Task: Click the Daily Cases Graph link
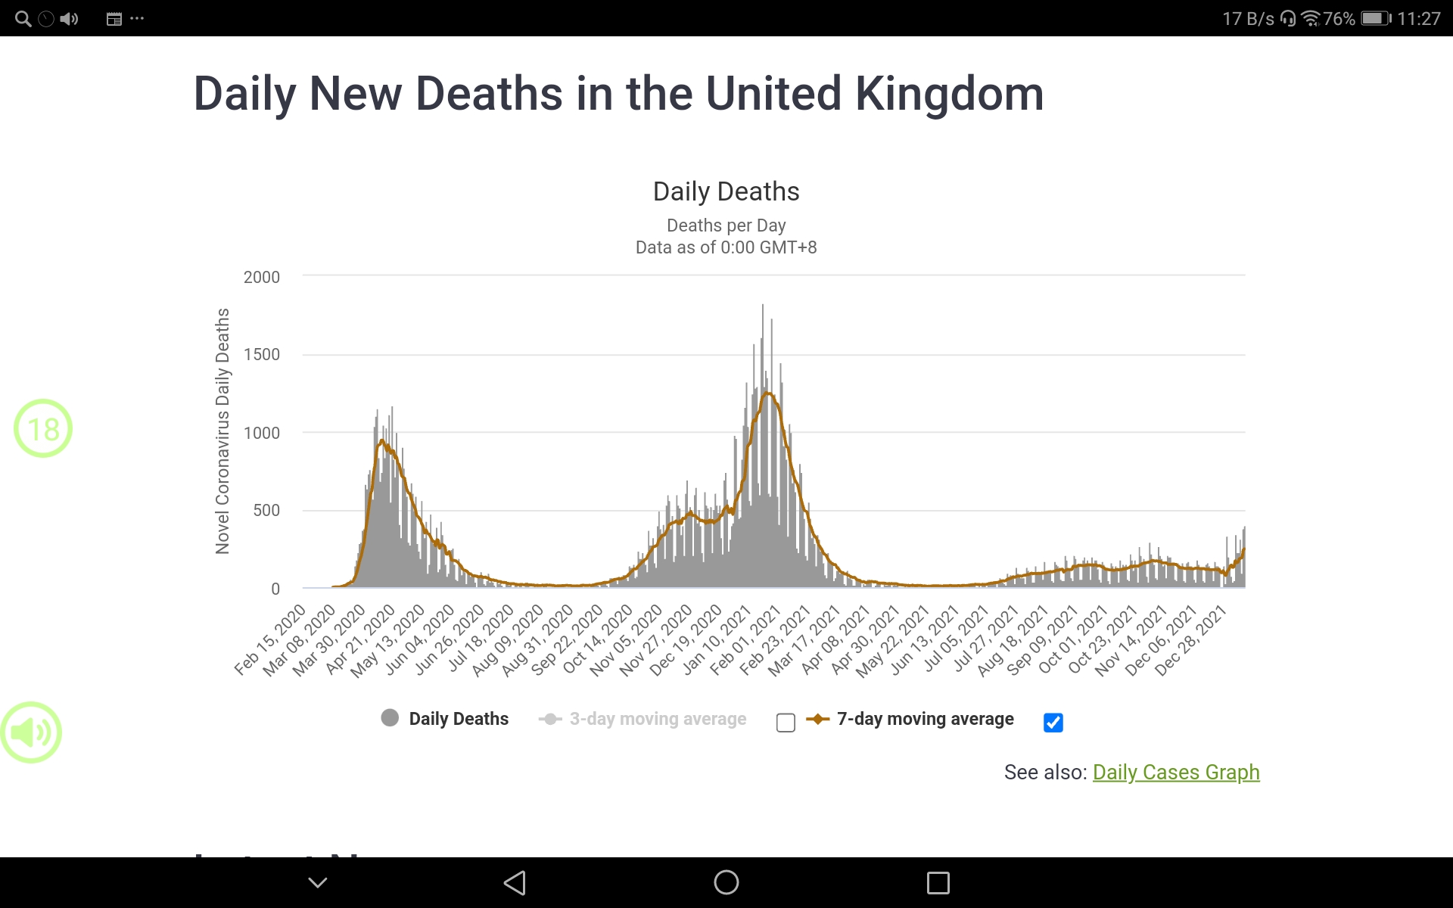tap(1175, 772)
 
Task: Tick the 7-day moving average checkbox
tap(1053, 723)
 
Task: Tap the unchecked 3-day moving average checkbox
tap(786, 723)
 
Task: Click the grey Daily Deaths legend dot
tap(390, 718)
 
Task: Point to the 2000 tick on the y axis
tap(262, 277)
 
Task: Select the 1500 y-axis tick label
tap(262, 354)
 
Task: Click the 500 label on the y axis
tap(266, 510)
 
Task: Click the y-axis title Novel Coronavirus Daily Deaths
tap(222, 431)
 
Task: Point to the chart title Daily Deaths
tap(726, 191)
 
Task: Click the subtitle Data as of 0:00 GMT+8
tap(726, 247)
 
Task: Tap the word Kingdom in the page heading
tap(949, 94)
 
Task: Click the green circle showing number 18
tap(43, 429)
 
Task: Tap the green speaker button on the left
tap(31, 732)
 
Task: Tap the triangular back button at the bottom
tap(515, 882)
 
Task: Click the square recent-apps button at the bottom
tap(938, 882)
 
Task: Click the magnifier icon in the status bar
tap(23, 19)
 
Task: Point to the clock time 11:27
tap(1418, 19)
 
